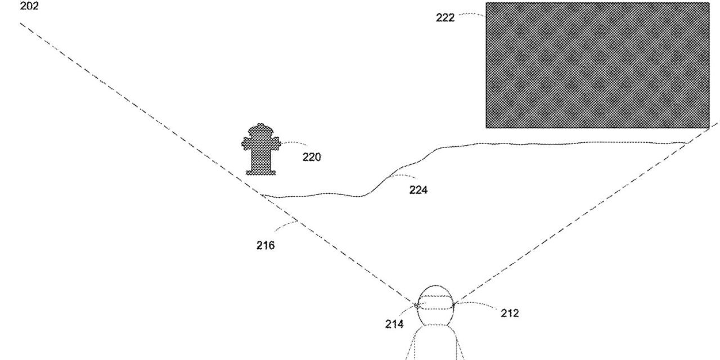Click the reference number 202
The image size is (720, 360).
(x=29, y=7)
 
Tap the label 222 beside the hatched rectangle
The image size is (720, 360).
(x=445, y=17)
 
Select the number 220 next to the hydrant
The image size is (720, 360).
(x=312, y=157)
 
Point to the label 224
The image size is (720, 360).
(x=418, y=190)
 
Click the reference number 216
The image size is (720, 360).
(x=265, y=245)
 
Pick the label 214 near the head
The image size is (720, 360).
(x=394, y=324)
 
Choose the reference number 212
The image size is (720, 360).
(x=510, y=313)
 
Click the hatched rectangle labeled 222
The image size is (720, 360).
(x=597, y=65)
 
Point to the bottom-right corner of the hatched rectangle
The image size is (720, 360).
(x=708, y=127)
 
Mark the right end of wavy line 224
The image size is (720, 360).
(x=686, y=143)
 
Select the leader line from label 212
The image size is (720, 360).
(x=475, y=305)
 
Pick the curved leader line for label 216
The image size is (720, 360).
(x=285, y=225)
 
